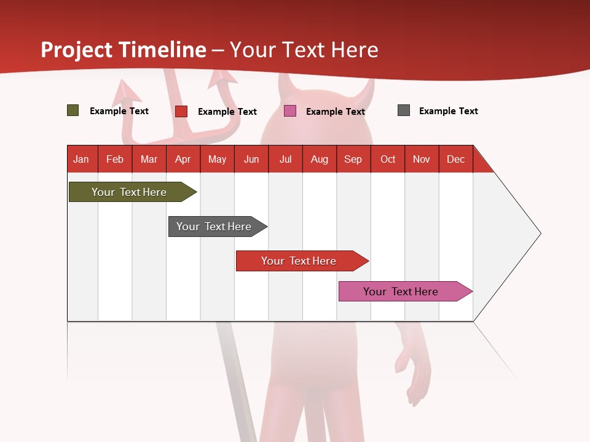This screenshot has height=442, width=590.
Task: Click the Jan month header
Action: pyautogui.click(x=82, y=159)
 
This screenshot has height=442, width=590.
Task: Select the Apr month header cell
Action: pyautogui.click(x=183, y=159)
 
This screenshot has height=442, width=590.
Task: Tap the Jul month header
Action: pyautogui.click(x=285, y=159)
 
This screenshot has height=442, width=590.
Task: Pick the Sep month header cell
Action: pyautogui.click(x=353, y=159)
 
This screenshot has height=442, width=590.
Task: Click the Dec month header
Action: pyautogui.click(x=455, y=159)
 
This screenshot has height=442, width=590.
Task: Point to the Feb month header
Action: pyautogui.click(x=115, y=159)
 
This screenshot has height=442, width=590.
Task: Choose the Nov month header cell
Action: pyautogui.click(x=421, y=159)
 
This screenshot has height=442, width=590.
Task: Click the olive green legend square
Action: pyautogui.click(x=73, y=110)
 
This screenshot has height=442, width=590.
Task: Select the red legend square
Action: pyautogui.click(x=181, y=111)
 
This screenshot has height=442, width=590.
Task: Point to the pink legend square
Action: pyautogui.click(x=290, y=111)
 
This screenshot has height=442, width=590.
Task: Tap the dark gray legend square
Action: pyautogui.click(x=404, y=110)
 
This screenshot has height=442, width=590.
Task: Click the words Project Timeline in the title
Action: pyautogui.click(x=124, y=50)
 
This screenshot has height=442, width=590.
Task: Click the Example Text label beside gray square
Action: pyautogui.click(x=448, y=111)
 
